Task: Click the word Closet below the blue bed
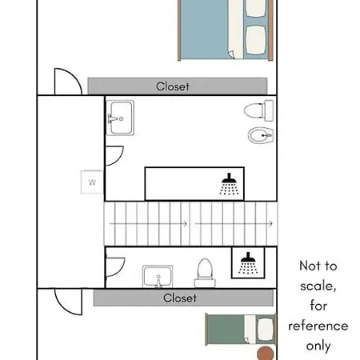click(x=173, y=86)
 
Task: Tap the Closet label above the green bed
click(x=179, y=298)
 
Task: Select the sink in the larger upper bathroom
click(x=120, y=117)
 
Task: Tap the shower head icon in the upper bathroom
click(x=229, y=183)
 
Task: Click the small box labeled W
click(x=92, y=182)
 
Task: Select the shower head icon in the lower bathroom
click(x=247, y=262)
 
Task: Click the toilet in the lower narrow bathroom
click(x=205, y=272)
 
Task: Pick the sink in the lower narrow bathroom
click(x=158, y=277)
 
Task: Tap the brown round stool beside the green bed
click(x=263, y=353)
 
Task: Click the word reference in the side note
click(x=318, y=326)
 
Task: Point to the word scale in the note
click(x=318, y=286)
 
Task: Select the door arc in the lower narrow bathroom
click(x=115, y=262)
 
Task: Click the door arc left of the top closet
click(x=67, y=80)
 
